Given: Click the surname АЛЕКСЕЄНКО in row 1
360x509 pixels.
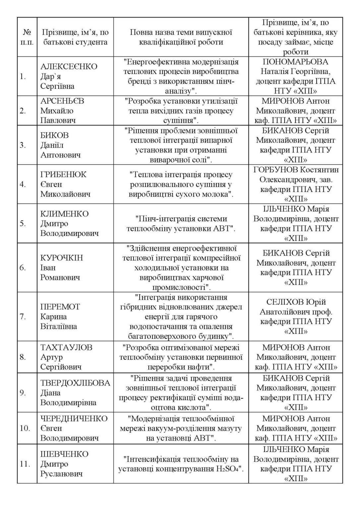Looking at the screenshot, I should point(69,67).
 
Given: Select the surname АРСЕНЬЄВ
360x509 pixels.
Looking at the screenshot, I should point(62,101).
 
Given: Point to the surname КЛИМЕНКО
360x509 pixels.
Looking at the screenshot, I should point(64,214).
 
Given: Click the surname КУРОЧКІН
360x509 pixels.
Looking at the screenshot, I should point(62,258).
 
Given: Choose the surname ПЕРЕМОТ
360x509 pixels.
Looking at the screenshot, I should point(60,307).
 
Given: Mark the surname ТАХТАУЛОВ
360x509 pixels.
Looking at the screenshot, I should point(66,348).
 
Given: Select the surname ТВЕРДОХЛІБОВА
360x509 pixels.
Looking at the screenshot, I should point(75,383).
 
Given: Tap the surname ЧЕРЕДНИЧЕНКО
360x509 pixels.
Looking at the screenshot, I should point(74,419).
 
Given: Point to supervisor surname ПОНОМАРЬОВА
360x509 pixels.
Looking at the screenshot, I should point(295,62).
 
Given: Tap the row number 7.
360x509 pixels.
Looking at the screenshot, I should point(23,317).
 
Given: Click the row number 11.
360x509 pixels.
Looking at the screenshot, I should point(25,464).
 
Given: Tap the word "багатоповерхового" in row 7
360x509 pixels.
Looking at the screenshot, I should point(159,336).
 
